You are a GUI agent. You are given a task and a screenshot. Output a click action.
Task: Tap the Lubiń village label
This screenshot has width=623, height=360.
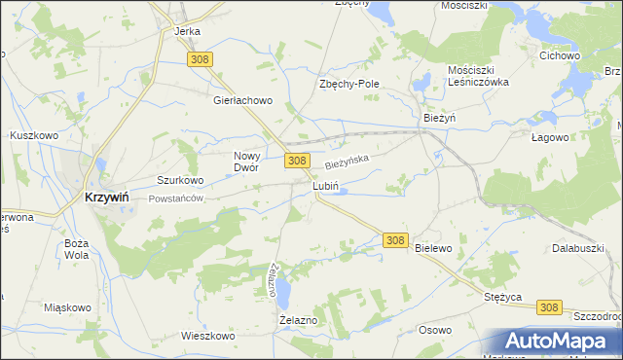[325, 185]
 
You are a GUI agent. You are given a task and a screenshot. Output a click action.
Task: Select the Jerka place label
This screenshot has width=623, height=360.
[187, 31]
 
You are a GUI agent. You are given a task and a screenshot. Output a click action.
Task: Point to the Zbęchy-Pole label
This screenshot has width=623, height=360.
[349, 84]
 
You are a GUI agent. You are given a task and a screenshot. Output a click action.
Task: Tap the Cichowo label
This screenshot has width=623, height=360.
[560, 55]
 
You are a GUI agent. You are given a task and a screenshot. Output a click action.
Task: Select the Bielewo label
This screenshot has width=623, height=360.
[434, 248]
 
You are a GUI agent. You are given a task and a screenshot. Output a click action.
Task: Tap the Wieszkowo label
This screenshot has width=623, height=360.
[208, 336]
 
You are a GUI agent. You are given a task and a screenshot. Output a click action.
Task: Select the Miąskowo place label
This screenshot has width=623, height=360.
[68, 307]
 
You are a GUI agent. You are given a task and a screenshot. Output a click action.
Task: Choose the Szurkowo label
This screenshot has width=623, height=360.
[180, 180]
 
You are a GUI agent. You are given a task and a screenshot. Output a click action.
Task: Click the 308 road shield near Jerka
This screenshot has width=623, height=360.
[201, 60]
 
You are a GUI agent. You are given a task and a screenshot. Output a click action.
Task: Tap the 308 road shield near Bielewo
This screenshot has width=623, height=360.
[394, 239]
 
